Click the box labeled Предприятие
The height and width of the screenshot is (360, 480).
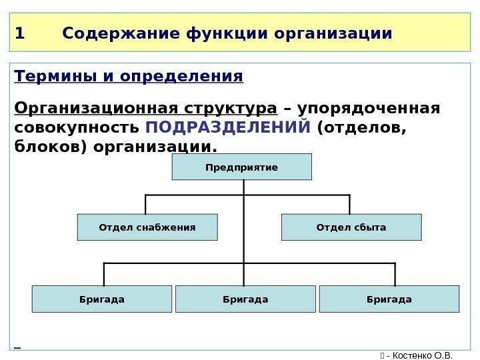click(241, 167)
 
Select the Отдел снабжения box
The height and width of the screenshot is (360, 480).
click(147, 227)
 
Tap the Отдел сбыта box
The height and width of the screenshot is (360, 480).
click(351, 227)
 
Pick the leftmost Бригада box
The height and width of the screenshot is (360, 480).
click(102, 299)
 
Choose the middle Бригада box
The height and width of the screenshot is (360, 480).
click(245, 299)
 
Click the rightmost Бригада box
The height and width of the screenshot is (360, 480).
click(389, 299)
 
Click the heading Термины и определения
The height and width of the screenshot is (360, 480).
click(129, 77)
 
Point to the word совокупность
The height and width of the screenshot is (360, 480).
click(75, 127)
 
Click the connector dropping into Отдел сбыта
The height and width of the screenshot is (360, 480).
click(349, 204)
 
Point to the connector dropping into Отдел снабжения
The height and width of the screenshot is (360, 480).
click(145, 204)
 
